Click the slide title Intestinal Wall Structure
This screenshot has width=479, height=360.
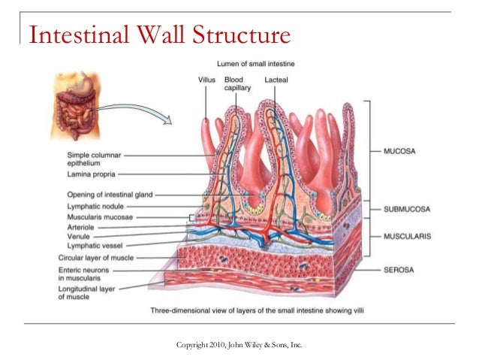point(158,35)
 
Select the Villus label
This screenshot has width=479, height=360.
point(207,78)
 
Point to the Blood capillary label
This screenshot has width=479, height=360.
point(237,83)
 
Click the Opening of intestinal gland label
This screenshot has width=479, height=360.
point(110,193)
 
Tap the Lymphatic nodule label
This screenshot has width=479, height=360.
point(95,205)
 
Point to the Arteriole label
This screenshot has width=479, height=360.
point(81,225)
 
